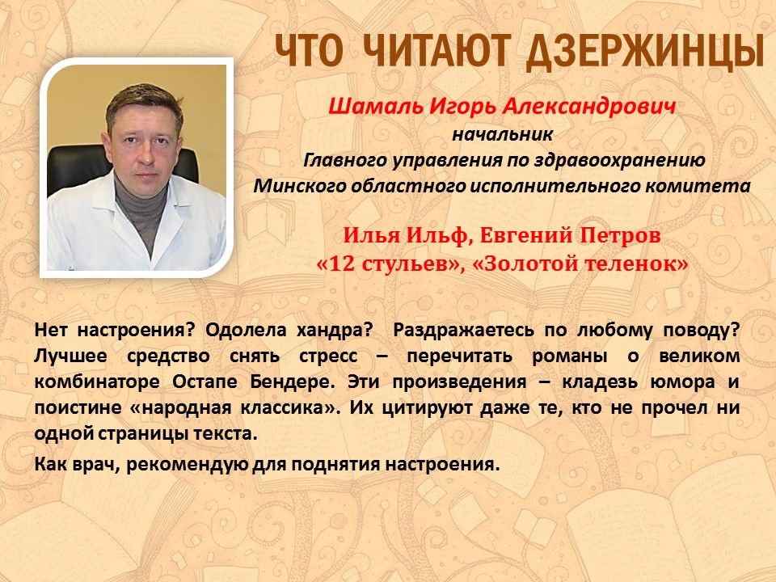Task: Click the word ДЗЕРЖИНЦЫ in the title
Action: point(644,51)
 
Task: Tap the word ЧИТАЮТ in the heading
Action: point(436,50)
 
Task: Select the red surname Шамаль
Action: point(375,107)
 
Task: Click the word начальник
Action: point(502,133)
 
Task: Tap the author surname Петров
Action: point(620,235)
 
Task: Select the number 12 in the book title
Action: point(341,264)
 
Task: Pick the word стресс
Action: point(328,356)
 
